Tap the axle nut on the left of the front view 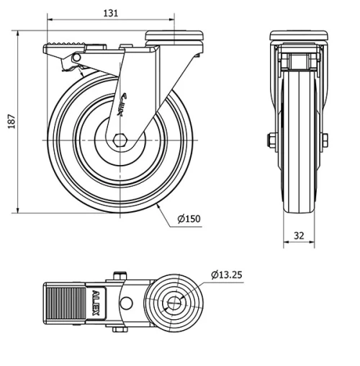click(x=271, y=140)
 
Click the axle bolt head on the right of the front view click(x=325, y=140)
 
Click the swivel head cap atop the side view click(x=176, y=35)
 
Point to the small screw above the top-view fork click(x=119, y=274)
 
